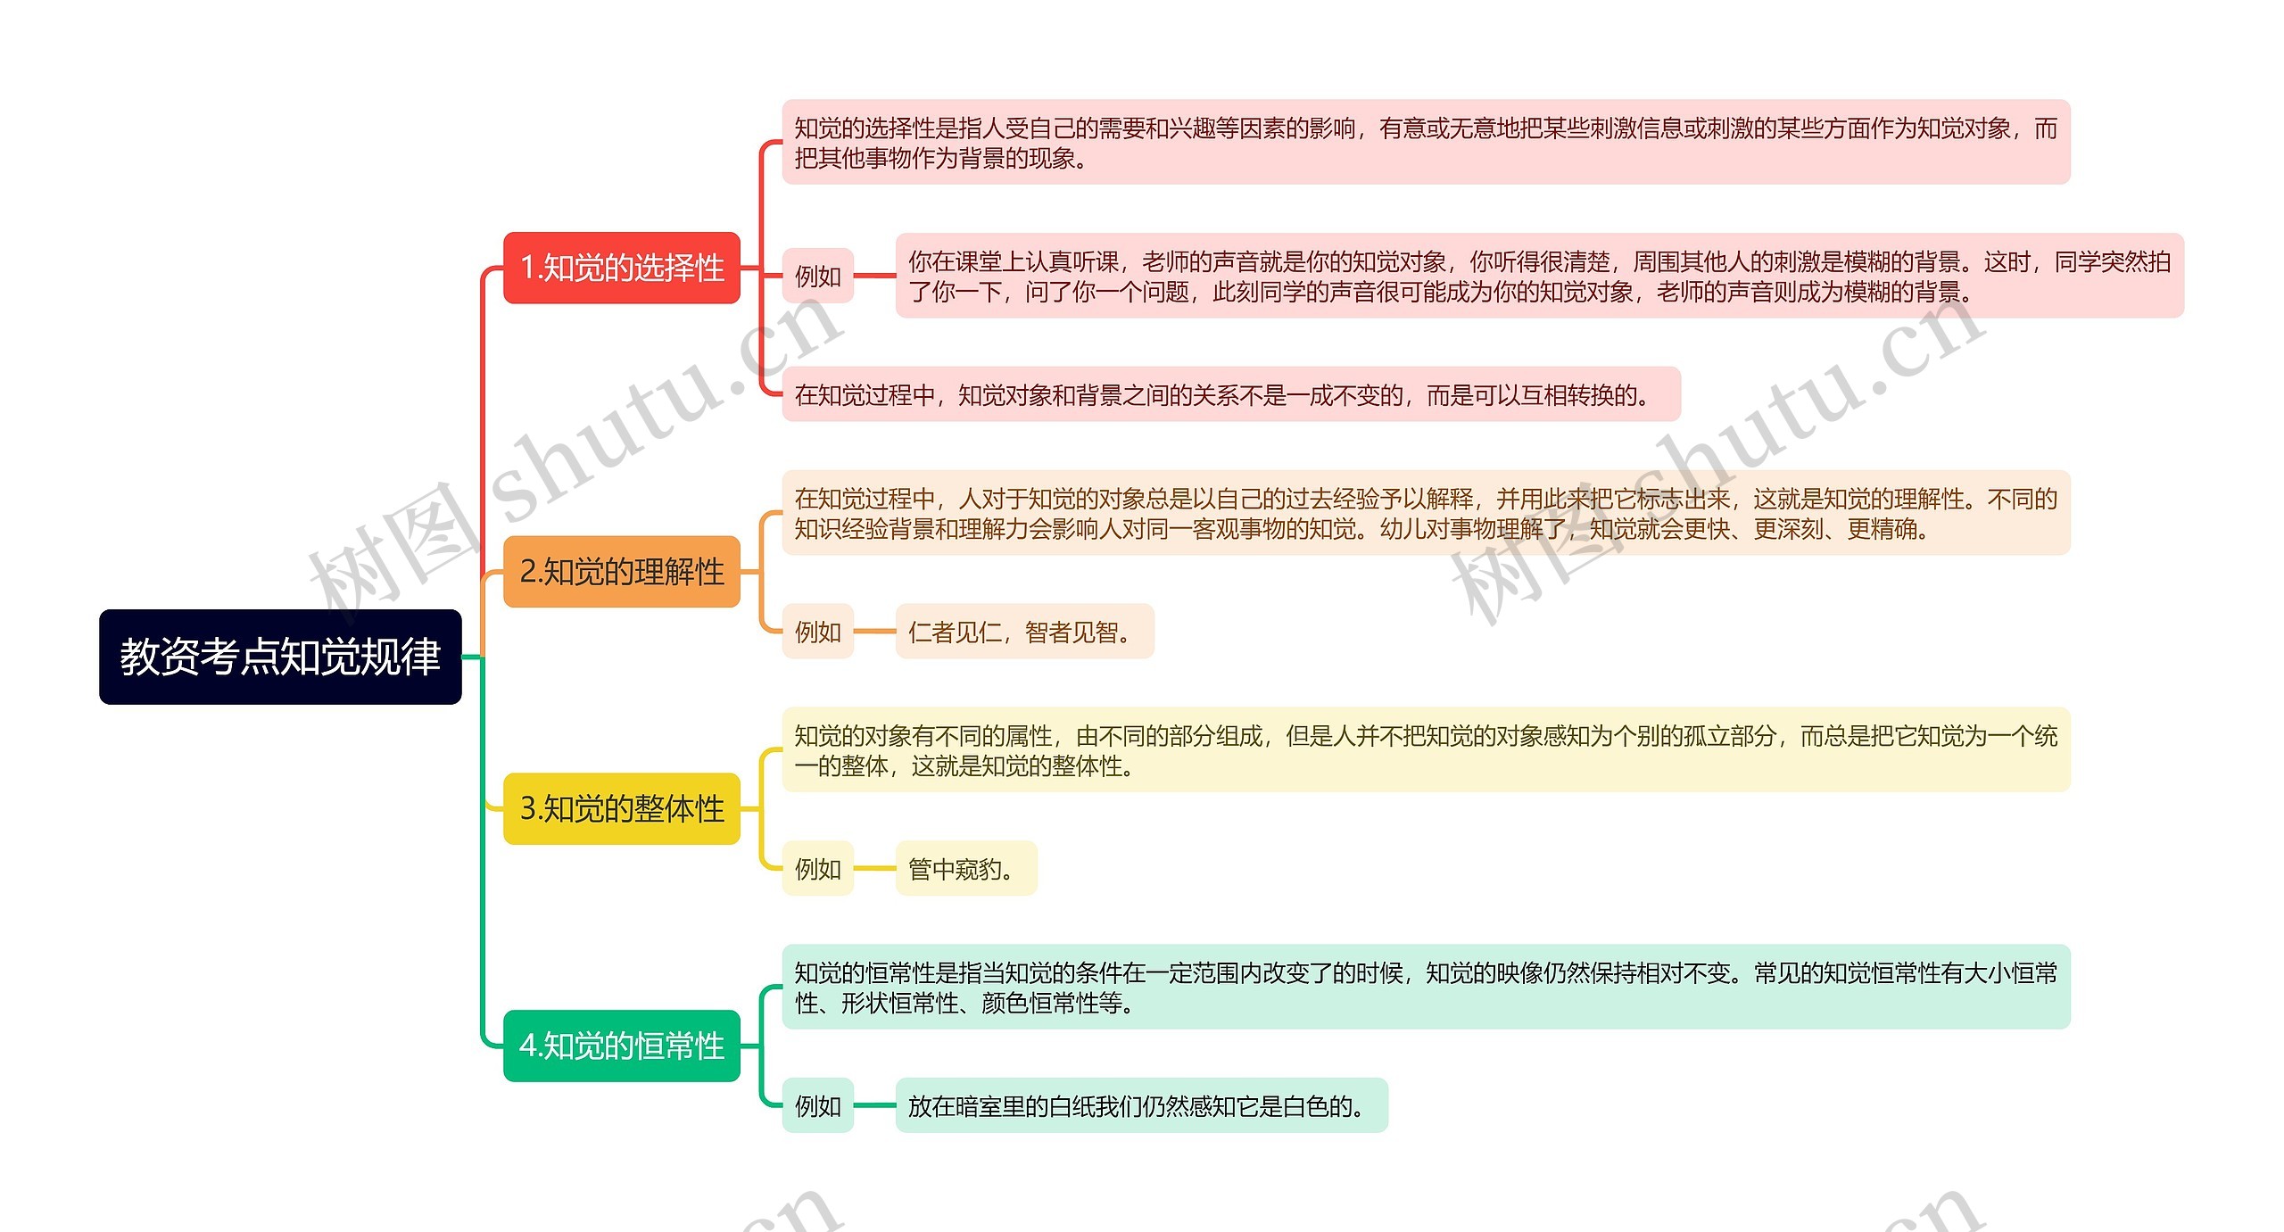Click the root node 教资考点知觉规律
(x=280, y=657)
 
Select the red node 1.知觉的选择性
(x=622, y=268)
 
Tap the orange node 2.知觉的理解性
(x=622, y=572)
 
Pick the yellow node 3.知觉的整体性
(x=622, y=808)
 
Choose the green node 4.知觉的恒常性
(x=622, y=1046)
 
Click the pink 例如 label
(x=817, y=276)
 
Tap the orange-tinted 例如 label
(x=817, y=632)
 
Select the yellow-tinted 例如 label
(x=817, y=868)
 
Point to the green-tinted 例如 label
(x=817, y=1105)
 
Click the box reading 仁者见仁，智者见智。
(x=1024, y=632)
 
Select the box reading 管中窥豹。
(x=965, y=868)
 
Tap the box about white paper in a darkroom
(x=1141, y=1105)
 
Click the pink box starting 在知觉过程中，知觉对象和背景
(x=1230, y=394)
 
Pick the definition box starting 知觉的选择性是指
(x=1425, y=143)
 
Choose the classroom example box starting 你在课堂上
(x=1539, y=276)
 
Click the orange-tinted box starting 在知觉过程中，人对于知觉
(x=1425, y=513)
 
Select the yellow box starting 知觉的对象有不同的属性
(x=1425, y=750)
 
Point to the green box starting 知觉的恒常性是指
(x=1425, y=987)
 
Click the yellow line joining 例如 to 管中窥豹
(x=874, y=868)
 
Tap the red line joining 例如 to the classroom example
(x=874, y=276)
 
